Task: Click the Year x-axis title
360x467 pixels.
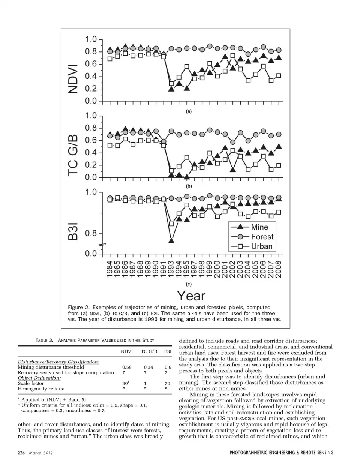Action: pos(191,296)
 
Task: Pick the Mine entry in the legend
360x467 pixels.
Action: pos(259,227)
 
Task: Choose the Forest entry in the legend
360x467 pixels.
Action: pos(262,237)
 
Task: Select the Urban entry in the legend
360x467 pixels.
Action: pos(261,246)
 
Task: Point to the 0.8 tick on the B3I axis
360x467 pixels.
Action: pos(91,233)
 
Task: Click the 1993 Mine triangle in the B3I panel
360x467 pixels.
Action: pos(171,240)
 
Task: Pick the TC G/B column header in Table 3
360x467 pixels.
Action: pos(149,351)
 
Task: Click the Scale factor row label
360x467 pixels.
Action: pos(31,383)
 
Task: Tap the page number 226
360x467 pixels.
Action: pos(21,453)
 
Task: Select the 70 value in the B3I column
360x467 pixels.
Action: pos(167,383)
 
